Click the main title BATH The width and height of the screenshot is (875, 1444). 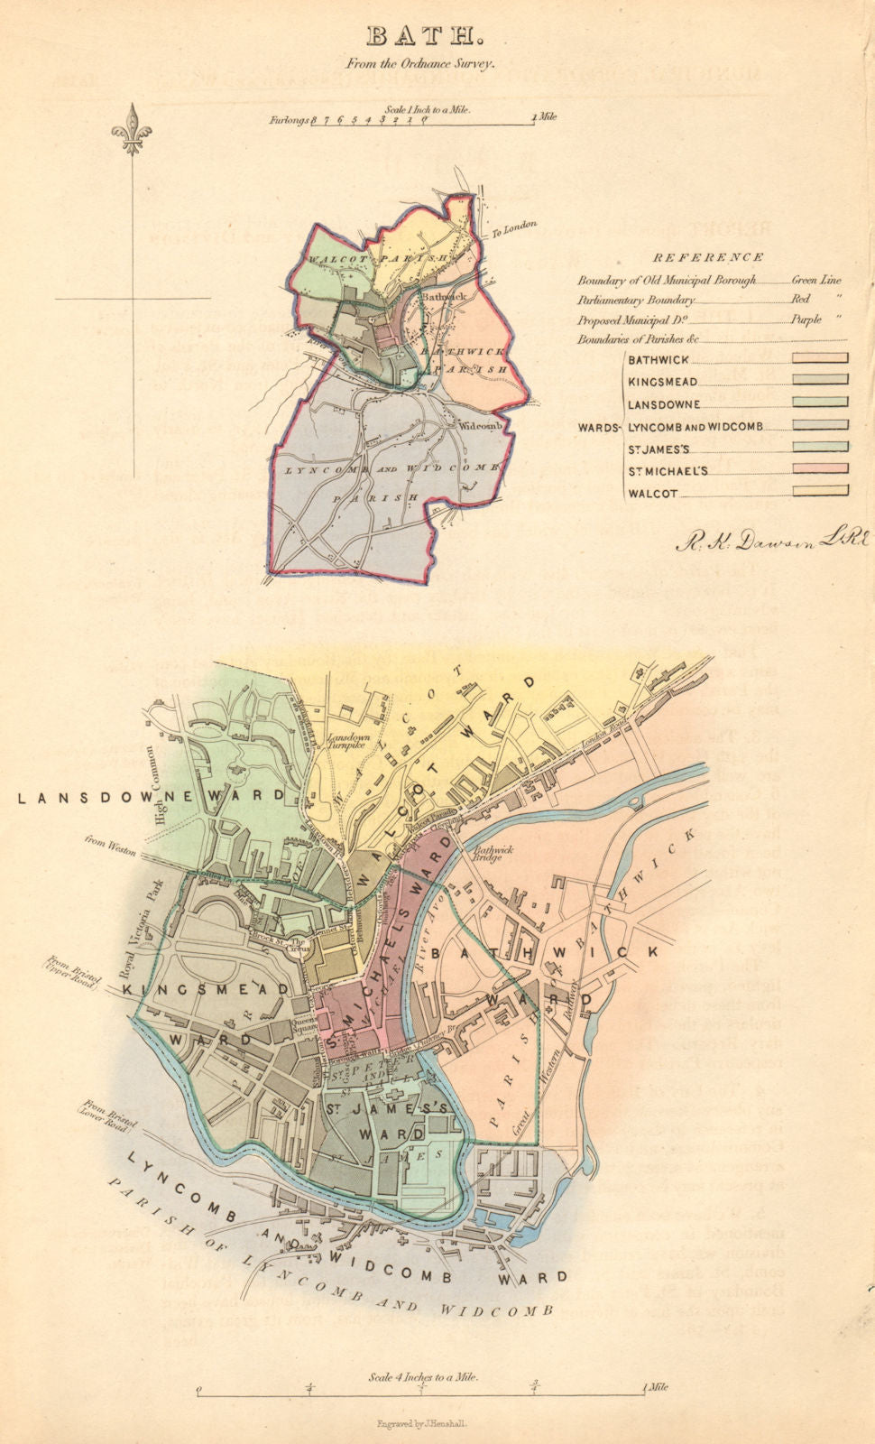(423, 36)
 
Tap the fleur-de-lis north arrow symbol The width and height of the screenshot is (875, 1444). (132, 128)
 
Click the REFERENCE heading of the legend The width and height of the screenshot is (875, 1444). (708, 257)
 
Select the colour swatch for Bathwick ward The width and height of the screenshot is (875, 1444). (820, 357)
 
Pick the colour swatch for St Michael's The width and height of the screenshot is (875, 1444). (820, 469)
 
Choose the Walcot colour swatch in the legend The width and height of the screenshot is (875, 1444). (820, 492)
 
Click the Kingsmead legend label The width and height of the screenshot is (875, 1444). (664, 382)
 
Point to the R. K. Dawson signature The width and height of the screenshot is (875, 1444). (771, 541)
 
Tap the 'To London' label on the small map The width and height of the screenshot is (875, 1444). (515, 228)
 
